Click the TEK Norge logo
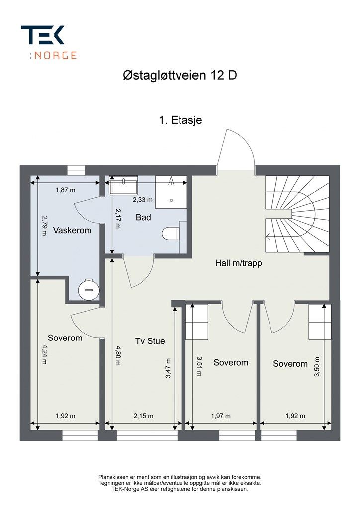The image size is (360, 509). [49, 43]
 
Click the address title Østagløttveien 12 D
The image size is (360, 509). [180, 76]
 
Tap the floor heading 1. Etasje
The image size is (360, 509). [180, 120]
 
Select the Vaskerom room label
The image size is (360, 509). [72, 231]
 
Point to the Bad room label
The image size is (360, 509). [143, 217]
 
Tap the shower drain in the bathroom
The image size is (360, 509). [171, 201]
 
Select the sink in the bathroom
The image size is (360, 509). [123, 185]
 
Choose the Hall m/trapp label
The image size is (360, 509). [238, 263]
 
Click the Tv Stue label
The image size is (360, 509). [150, 341]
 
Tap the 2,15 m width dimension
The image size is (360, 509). [143, 416]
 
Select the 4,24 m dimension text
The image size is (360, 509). [44, 354]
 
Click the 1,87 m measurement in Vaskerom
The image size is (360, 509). [65, 190]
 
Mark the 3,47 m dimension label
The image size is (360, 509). [168, 368]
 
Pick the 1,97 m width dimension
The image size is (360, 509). [221, 416]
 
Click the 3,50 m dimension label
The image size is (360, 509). [317, 366]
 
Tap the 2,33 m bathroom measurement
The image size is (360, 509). [143, 200]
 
